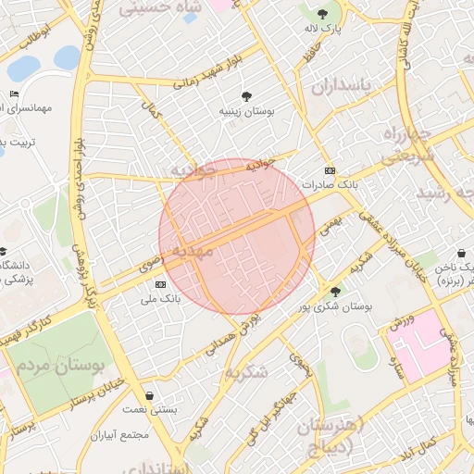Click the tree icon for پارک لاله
pos(322,14)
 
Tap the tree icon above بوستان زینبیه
pos(246,95)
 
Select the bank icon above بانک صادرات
pos(331,171)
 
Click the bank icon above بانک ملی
pos(161,284)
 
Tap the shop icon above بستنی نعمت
pos(150,395)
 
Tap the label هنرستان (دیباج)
pos(332,434)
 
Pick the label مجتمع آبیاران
pos(118,434)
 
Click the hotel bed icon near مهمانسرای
pos(14,94)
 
